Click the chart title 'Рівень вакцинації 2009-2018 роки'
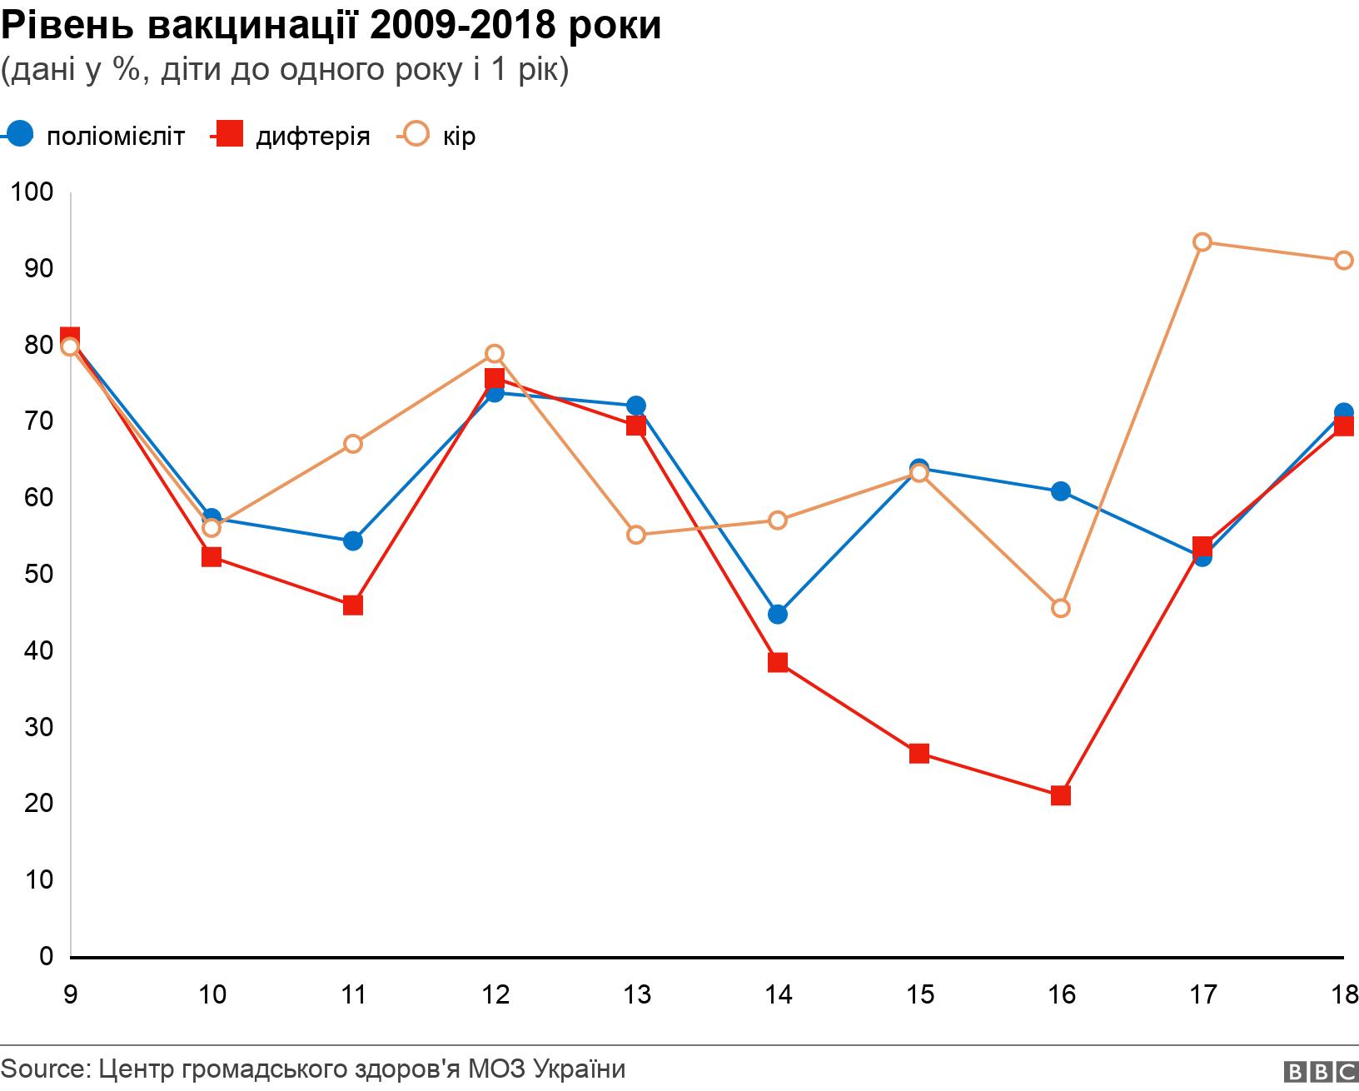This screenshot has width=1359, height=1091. [x=331, y=26]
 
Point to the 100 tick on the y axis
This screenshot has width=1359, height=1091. [x=32, y=192]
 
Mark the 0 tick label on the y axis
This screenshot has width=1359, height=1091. [x=46, y=956]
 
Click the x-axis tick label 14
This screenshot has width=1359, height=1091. [x=778, y=994]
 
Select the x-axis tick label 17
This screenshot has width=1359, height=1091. [x=1202, y=994]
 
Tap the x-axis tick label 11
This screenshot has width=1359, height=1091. [x=354, y=994]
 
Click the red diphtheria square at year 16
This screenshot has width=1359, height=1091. [x=1060, y=795]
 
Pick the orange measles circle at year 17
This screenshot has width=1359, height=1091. [x=1202, y=242]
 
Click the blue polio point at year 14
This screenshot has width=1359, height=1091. [x=778, y=615]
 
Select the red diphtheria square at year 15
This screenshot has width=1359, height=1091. [x=919, y=754]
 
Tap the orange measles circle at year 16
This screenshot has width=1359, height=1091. [x=1060, y=608]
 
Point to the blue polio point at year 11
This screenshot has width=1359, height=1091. [x=353, y=541]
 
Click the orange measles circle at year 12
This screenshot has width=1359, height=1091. [x=495, y=354]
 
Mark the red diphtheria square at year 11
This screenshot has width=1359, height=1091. [x=353, y=605]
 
